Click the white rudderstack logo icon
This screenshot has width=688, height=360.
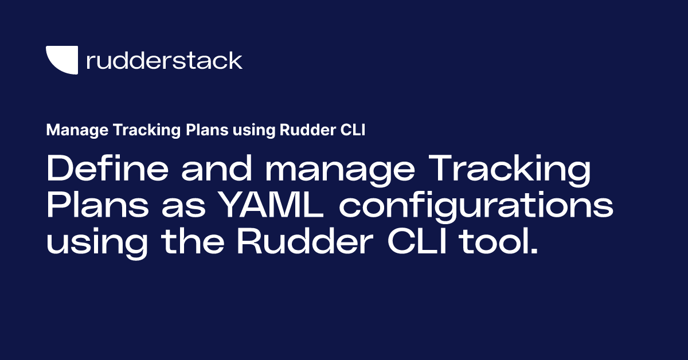coord(62,60)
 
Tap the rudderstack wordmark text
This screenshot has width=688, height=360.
coord(164,60)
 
